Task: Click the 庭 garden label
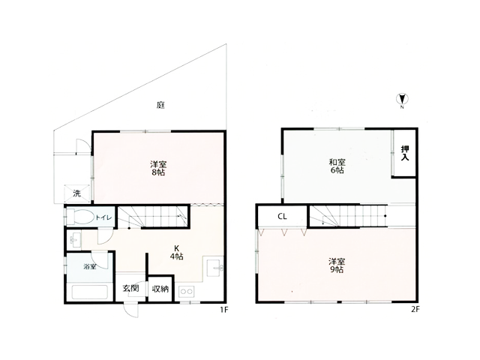160,105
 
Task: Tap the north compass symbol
402,99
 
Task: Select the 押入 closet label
405,153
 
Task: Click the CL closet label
282,217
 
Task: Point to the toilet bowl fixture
80,217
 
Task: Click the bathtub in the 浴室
90,292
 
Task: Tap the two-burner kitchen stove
186,292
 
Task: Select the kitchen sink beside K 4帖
214,268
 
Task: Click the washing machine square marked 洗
76,193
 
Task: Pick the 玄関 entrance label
130,288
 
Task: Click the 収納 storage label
160,288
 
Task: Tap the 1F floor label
223,310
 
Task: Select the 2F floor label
415,309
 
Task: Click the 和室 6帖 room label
337,166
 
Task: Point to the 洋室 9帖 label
337,265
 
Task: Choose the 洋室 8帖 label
158,168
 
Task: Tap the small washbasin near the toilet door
75,240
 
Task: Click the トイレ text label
103,217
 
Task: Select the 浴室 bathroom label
90,267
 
